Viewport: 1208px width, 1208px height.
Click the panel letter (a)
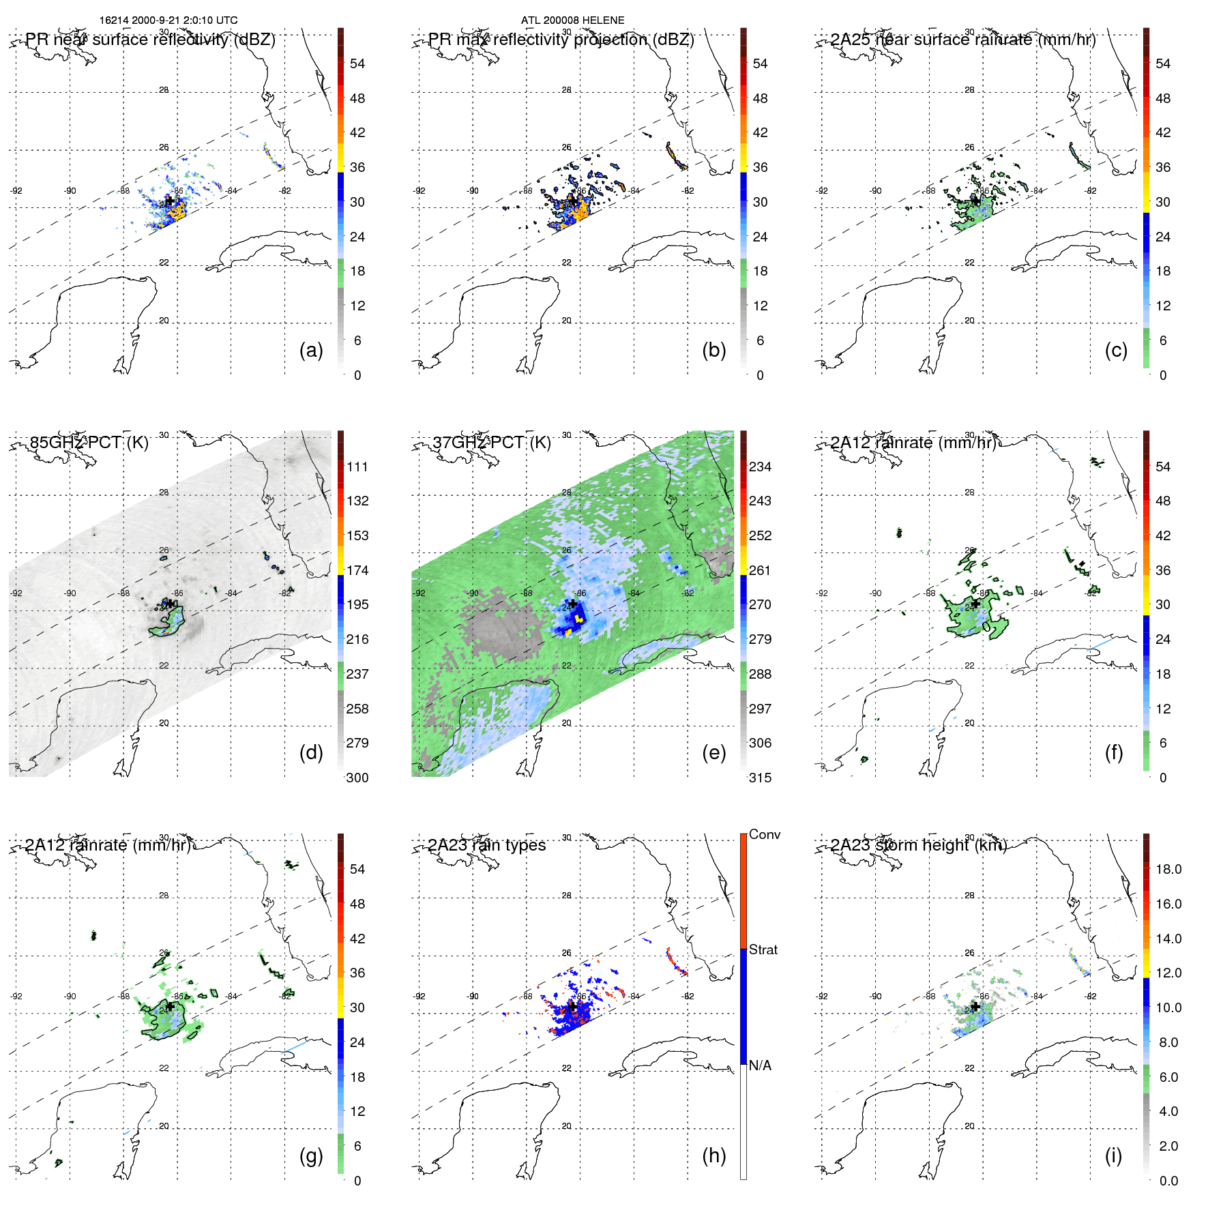[x=310, y=351]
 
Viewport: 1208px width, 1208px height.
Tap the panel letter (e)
[x=713, y=753]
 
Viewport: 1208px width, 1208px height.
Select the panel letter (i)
[x=1113, y=1155]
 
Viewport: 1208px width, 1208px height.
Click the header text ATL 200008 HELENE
[x=572, y=20]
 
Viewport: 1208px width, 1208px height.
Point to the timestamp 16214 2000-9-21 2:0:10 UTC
[x=168, y=20]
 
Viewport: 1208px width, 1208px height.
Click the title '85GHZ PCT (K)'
[x=89, y=443]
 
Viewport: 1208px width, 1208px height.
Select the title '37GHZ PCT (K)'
[x=491, y=443]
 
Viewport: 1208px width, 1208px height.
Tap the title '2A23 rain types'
[x=487, y=845]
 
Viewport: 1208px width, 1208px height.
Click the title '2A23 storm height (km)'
[x=919, y=845]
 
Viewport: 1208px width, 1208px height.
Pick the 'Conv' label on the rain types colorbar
[x=764, y=834]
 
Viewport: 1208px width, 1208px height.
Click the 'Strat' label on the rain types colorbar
[x=763, y=949]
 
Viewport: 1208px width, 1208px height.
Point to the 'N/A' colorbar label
[x=760, y=1065]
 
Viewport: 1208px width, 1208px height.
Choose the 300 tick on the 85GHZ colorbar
[x=357, y=778]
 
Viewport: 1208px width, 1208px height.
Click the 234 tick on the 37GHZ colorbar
[x=760, y=467]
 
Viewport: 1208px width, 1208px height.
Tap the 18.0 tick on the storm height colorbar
[x=1168, y=869]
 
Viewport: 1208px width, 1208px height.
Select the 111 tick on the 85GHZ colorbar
[x=357, y=467]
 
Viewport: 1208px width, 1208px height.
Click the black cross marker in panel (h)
[x=573, y=1006]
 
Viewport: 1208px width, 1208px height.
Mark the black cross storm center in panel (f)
[x=976, y=603]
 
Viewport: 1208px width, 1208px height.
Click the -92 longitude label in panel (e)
[x=419, y=593]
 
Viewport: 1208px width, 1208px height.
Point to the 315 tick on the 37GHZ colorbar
[x=760, y=778]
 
